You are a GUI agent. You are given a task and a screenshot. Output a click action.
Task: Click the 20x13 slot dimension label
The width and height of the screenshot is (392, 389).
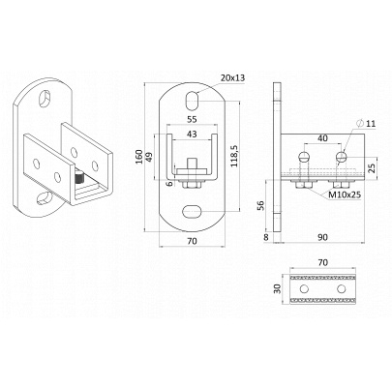[x=233, y=77]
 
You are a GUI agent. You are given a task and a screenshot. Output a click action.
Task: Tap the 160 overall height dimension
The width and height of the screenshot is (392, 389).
[x=139, y=157]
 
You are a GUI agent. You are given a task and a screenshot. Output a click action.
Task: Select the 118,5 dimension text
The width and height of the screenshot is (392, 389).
[x=235, y=156]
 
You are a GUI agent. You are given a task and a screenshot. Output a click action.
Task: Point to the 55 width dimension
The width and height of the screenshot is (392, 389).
[x=192, y=119]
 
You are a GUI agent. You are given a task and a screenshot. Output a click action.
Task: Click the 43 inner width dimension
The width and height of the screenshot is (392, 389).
[x=192, y=134]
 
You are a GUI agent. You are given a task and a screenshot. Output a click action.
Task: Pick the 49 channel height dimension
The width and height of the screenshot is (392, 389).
[x=151, y=157]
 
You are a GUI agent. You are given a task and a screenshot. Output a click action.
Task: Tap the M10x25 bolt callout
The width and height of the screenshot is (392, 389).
[x=345, y=194]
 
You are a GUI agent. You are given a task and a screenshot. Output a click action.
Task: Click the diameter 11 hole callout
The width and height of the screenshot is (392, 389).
[x=367, y=123]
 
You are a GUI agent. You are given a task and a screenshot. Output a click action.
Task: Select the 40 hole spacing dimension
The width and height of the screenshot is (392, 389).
[x=322, y=138]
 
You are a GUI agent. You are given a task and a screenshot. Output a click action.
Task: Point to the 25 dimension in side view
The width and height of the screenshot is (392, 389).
[x=372, y=167]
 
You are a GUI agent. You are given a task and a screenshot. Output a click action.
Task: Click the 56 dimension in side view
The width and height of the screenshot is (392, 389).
[x=261, y=205]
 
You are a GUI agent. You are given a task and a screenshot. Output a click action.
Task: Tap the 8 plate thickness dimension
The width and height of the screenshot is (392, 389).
[x=266, y=237]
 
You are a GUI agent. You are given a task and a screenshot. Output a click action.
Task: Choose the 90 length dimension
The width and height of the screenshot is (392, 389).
[x=322, y=237]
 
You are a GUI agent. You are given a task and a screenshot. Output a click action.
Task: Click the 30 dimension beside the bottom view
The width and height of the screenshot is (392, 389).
[x=277, y=288]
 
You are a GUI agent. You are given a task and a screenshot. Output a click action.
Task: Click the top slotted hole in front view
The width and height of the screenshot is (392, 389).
[x=192, y=100]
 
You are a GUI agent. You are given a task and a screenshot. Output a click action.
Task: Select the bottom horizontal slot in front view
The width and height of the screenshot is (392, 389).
[x=192, y=212]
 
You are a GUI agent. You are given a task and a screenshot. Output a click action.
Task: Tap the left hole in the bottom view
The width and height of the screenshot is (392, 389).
[x=304, y=288]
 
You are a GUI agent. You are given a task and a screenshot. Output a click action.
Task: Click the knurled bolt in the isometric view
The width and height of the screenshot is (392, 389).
[x=79, y=178]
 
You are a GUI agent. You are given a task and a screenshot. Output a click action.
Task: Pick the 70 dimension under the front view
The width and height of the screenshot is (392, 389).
[x=192, y=241]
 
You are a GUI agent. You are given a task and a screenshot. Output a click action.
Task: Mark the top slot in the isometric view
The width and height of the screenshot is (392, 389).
[x=45, y=98]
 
